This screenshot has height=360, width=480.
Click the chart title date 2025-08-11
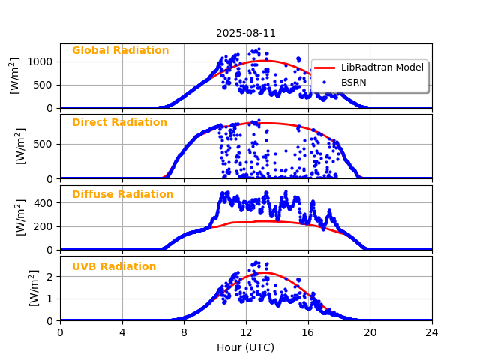246,33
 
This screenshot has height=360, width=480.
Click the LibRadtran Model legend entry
382,67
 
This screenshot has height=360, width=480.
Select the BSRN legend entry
353,82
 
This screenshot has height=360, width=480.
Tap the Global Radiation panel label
120,51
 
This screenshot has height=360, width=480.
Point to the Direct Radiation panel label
119,123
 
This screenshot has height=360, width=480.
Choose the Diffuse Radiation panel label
122,195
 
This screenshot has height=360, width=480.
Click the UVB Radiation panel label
114,267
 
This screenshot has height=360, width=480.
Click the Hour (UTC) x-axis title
246,347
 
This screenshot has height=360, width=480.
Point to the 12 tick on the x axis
246,332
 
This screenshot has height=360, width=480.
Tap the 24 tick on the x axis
432,332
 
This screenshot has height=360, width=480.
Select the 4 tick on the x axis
122,332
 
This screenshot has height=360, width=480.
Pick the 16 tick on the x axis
308,332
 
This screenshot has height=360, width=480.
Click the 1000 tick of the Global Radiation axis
42,61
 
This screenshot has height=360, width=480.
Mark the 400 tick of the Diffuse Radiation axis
45,203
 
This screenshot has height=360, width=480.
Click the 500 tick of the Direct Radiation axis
45,144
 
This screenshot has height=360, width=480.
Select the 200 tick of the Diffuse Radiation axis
45,226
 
